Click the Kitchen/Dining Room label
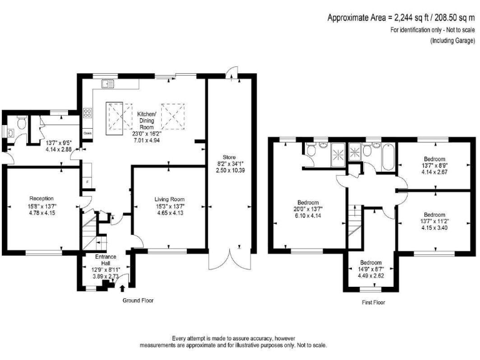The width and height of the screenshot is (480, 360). pyautogui.click(x=147, y=120)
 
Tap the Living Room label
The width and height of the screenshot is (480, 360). pyautogui.click(x=169, y=199)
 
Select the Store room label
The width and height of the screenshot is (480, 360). pyautogui.click(x=229, y=157)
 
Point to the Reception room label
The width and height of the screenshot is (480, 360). pyautogui.click(x=42, y=198)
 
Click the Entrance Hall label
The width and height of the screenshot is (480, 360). pyautogui.click(x=106, y=259)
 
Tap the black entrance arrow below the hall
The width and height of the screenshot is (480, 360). pyautogui.click(x=122, y=288)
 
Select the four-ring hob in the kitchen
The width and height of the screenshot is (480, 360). pyautogui.click(x=87, y=112)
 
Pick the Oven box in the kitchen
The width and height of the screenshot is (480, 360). pyautogui.click(x=87, y=133)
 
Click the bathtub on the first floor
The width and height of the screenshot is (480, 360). pyautogui.click(x=388, y=157)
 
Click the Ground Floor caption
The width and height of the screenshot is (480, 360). pyautogui.click(x=138, y=300)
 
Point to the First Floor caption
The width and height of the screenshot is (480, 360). pyautogui.click(x=374, y=302)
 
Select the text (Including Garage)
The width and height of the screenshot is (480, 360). pyautogui.click(x=453, y=41)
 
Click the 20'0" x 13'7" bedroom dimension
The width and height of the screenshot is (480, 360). pyautogui.click(x=308, y=209)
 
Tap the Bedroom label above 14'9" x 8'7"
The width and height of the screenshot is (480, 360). pyautogui.click(x=371, y=262)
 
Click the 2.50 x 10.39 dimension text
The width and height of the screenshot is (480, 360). pyautogui.click(x=230, y=170)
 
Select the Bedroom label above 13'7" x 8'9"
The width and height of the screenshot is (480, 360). pyautogui.click(x=434, y=159)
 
